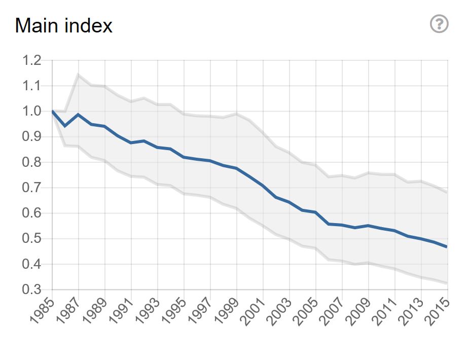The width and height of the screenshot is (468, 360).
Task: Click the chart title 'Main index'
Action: coord(63,25)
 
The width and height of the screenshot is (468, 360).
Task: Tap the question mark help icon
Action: coord(439,24)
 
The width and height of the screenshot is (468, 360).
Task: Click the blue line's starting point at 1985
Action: coord(52,111)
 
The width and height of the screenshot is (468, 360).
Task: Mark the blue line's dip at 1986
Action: coord(65,126)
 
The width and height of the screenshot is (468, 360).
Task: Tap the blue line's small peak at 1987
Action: coord(78,115)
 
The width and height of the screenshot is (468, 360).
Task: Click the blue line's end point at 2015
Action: coord(447,247)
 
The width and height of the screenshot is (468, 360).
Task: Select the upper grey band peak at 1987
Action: coord(78,75)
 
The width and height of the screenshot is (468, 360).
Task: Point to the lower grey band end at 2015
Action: coord(447,283)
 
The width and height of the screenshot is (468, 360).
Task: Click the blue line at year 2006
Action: coord(329,224)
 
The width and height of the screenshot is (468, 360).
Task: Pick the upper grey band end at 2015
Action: coord(447,192)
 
